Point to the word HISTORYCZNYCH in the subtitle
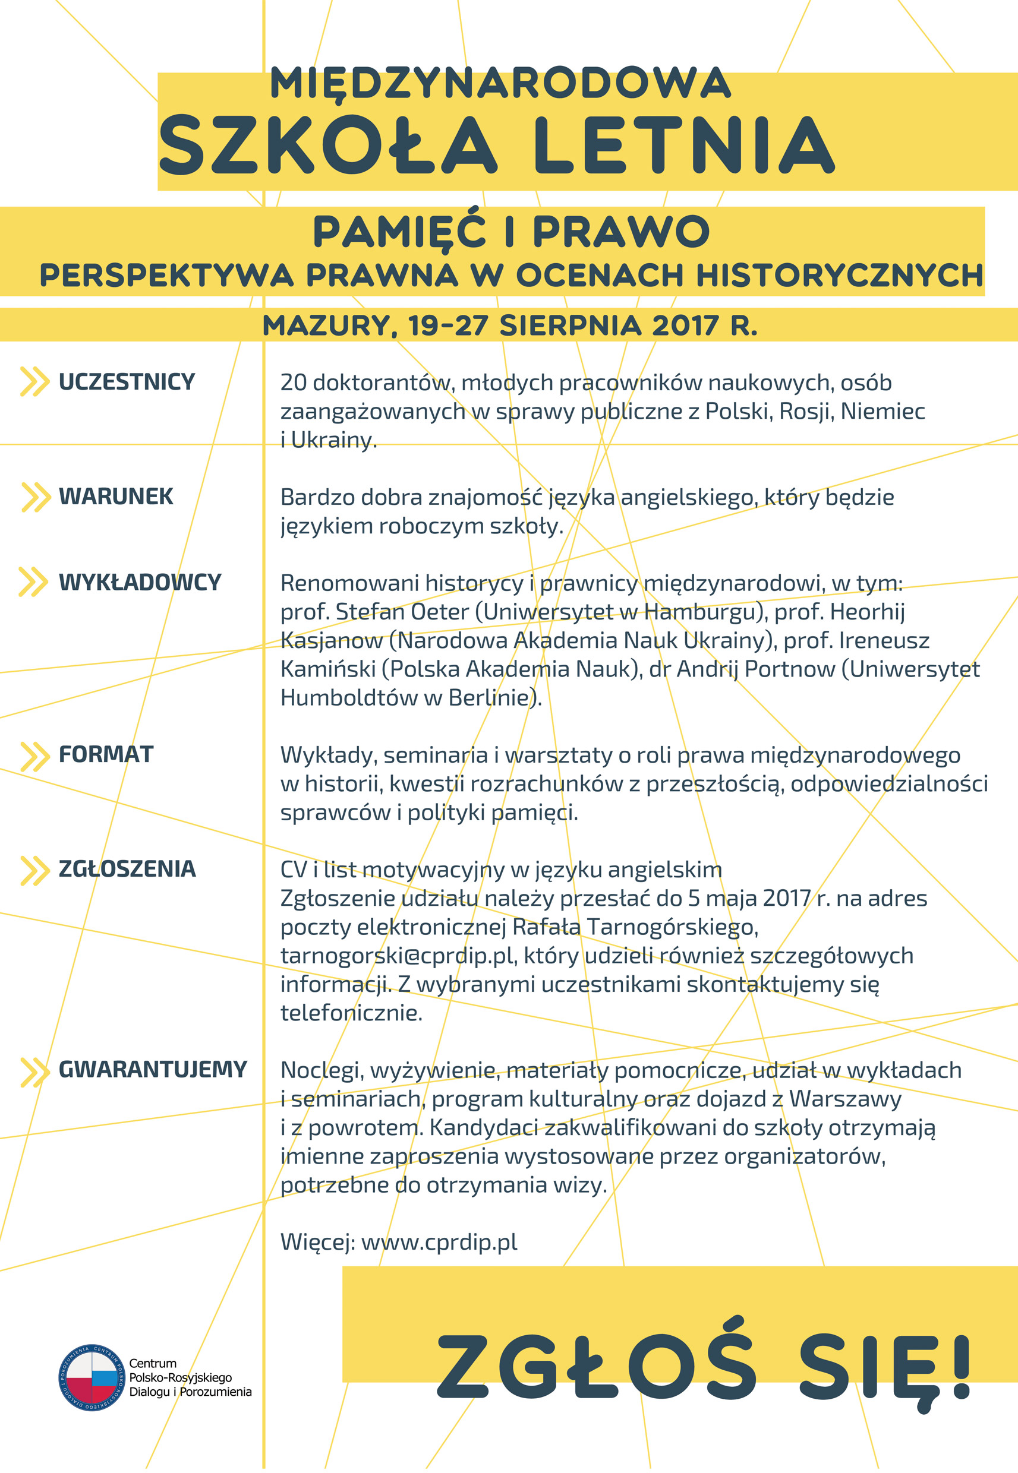[839, 276]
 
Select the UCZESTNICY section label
[127, 382]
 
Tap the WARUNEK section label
[115, 497]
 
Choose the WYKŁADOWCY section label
[140, 583]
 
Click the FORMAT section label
[106, 755]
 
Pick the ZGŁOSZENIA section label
[127, 870]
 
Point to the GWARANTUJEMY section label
[153, 1070]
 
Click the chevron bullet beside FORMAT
[34, 757]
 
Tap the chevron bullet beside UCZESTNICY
[34, 382]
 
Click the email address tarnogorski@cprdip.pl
[398, 956]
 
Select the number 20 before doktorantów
[294, 383]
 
